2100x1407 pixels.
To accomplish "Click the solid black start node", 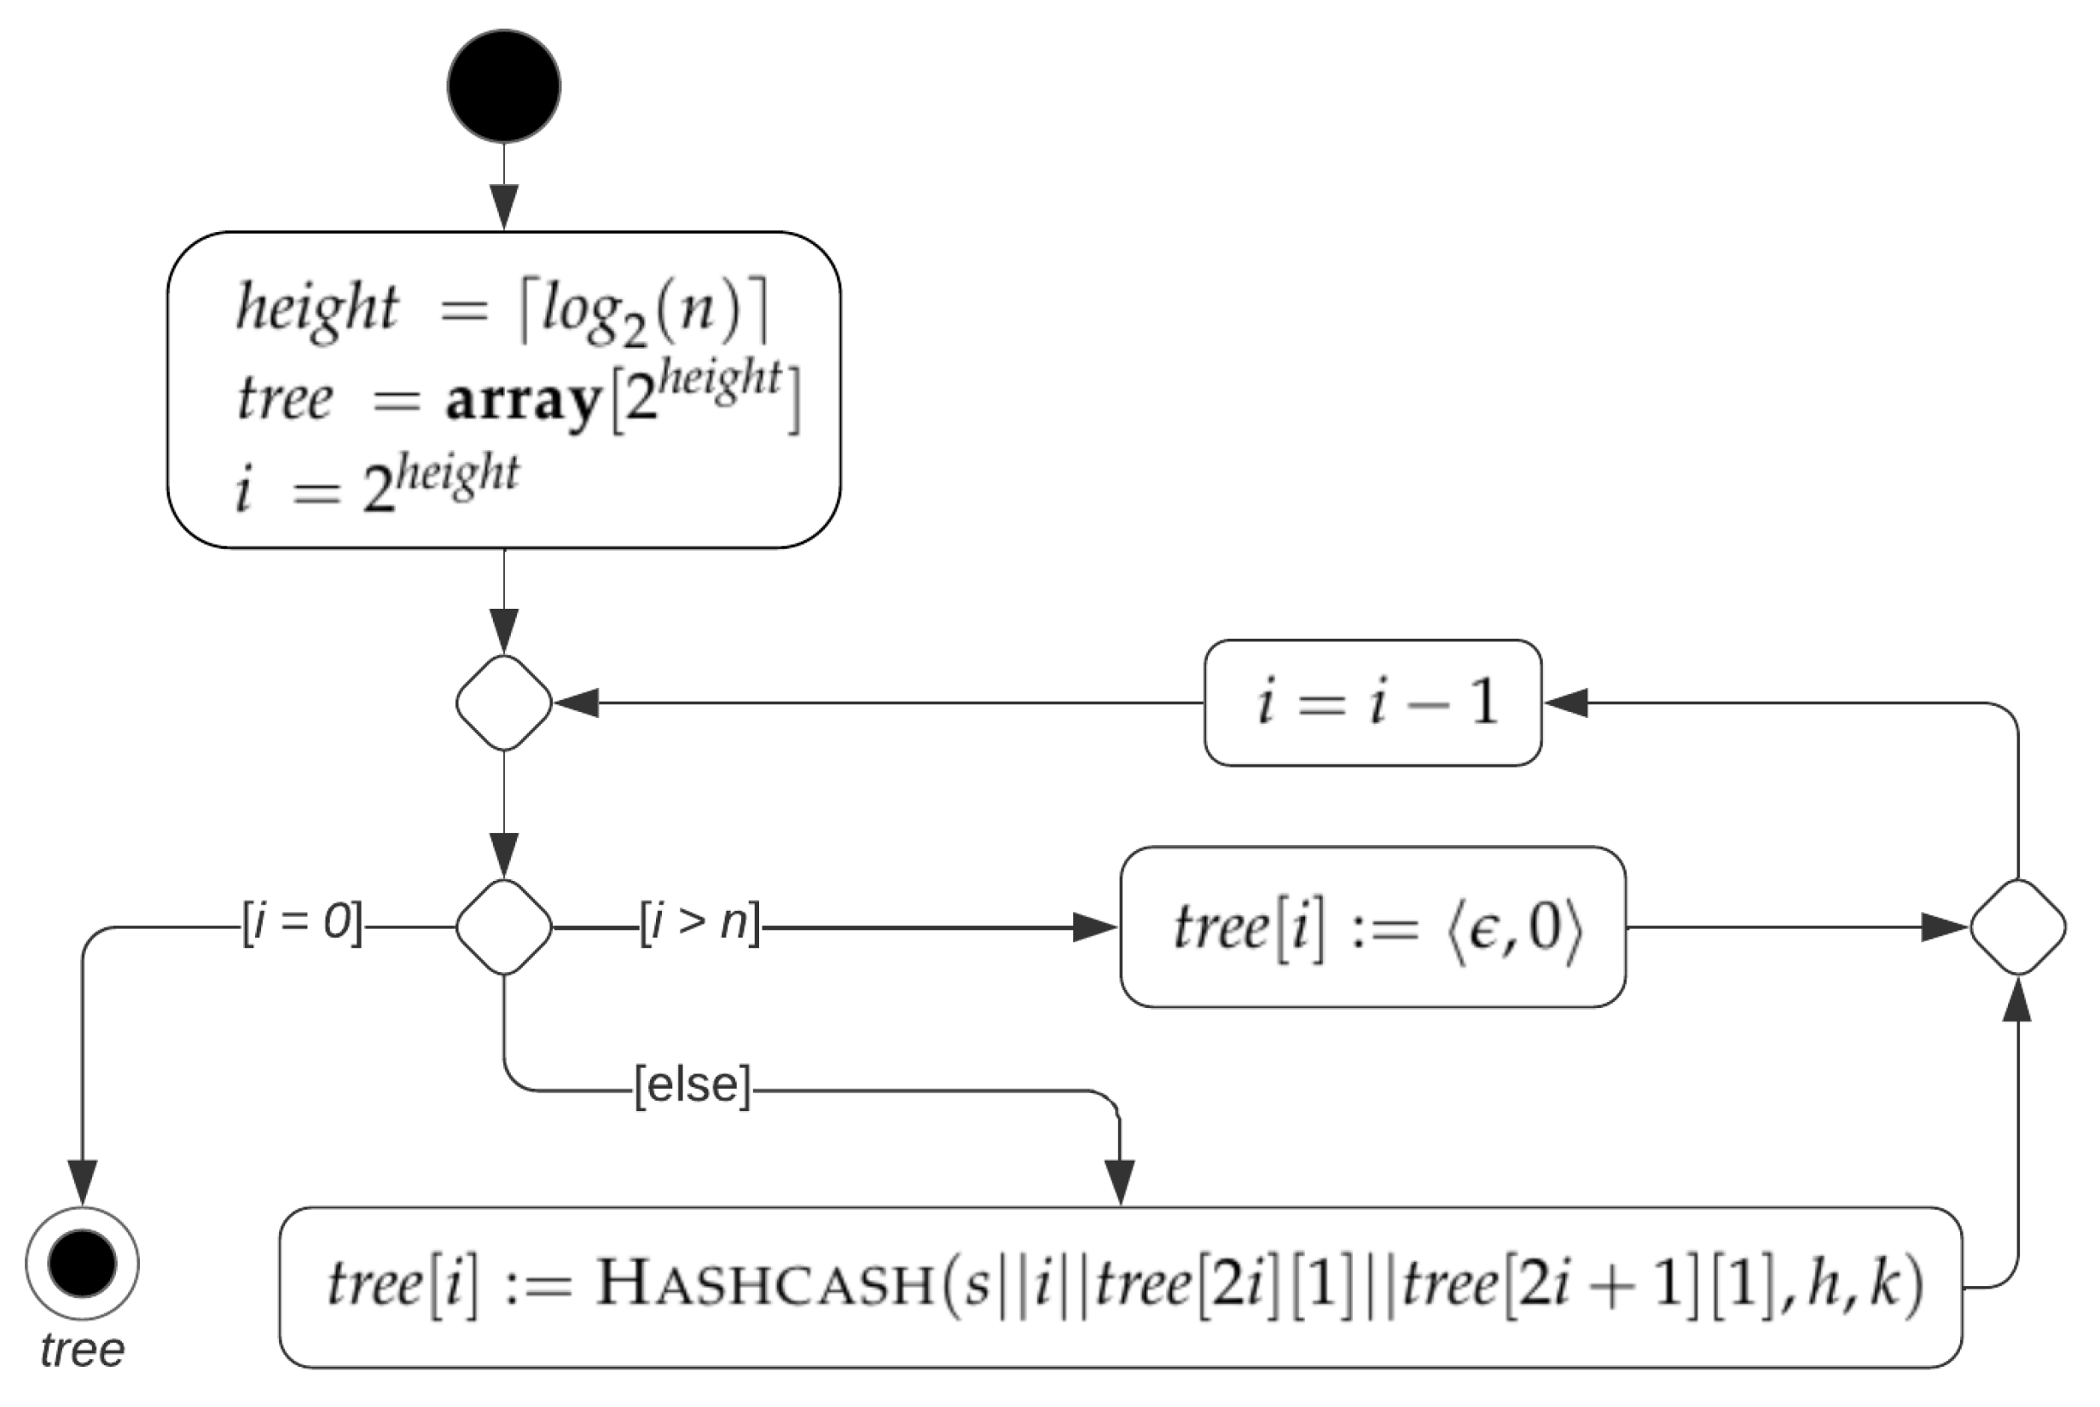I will click(x=503, y=86).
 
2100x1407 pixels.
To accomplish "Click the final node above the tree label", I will click(x=82, y=1263).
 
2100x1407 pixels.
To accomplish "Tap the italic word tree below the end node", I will click(x=82, y=1350).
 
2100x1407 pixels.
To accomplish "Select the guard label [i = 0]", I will click(x=303, y=922).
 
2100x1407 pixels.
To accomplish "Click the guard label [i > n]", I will click(x=699, y=922).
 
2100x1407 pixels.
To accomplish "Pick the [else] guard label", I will click(x=692, y=1085).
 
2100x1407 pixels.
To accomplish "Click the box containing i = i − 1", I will click(x=1372, y=703).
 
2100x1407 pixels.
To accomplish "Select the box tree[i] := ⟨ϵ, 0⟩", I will click(x=1372, y=927).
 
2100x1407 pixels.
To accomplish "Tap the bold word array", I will click(x=523, y=401).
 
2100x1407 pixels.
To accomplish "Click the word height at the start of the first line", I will click(x=316, y=307).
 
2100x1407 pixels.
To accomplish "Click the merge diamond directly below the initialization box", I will click(x=503, y=703).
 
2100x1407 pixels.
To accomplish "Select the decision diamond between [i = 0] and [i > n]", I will click(x=503, y=927).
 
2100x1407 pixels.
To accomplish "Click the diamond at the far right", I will click(x=2017, y=927).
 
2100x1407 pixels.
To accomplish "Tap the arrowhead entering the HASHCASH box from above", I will click(x=1119, y=1183).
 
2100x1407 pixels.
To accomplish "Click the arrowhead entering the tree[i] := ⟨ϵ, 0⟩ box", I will click(x=1095, y=927).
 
